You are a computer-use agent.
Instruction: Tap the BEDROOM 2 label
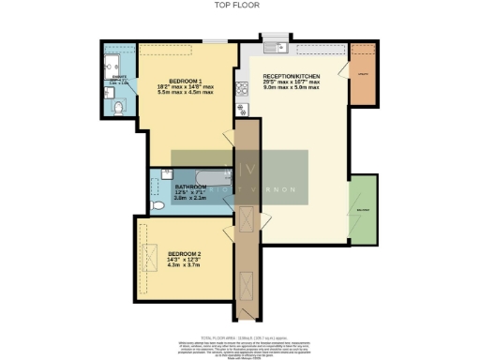(x=187, y=253)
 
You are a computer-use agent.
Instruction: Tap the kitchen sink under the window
(x=274, y=49)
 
